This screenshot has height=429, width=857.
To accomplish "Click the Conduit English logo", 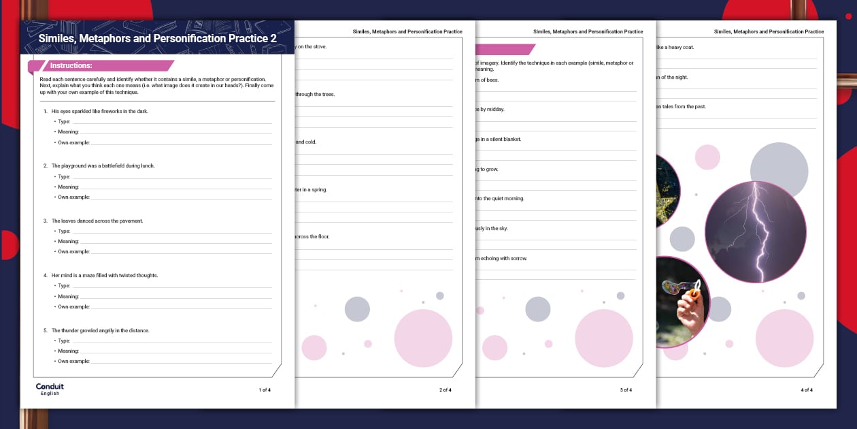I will coord(50,388).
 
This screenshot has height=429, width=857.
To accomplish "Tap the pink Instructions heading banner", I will coord(102,66).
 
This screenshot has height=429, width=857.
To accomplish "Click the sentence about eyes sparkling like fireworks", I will coord(99,111).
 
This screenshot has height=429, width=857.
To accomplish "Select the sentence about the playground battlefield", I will coord(103,165).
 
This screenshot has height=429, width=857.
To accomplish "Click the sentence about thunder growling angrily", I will coord(100,330).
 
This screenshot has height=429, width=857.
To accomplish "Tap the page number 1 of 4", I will coord(265,390).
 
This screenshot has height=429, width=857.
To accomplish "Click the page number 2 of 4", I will coord(446,390).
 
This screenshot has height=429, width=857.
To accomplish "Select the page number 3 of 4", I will coord(626,390).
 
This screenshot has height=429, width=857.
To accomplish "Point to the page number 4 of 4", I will coord(807,390).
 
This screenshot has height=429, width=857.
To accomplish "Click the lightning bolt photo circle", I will coord(755,232).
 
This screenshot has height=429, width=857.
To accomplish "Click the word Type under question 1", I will coord(63,122).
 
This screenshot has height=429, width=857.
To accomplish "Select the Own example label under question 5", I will coord(73,362).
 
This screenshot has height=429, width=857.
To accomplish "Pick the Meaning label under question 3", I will coord(68,242).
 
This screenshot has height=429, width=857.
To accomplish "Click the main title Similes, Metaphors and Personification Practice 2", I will coord(157,39).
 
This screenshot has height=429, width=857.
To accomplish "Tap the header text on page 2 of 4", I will coord(407,31).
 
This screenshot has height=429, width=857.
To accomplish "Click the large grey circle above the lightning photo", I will coord(779,170).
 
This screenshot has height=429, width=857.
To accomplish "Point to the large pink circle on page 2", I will coord(423,338).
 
